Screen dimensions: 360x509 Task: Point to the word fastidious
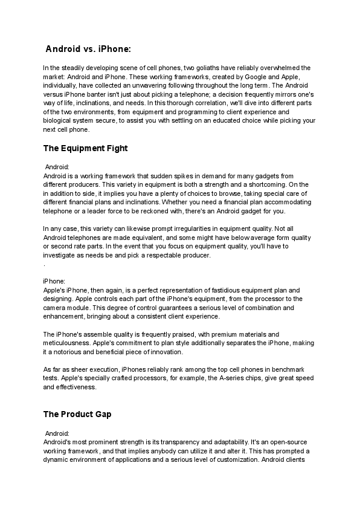click(x=231, y=290)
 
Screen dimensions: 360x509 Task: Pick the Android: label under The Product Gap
click(x=58, y=433)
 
